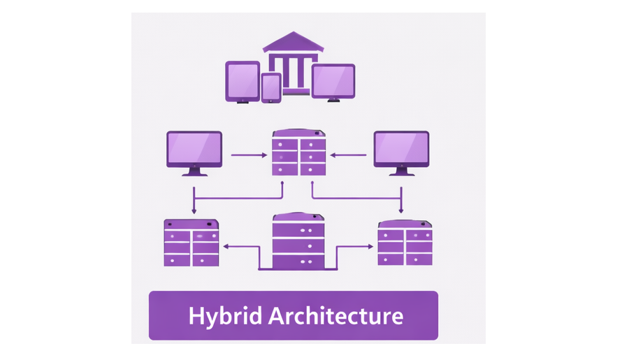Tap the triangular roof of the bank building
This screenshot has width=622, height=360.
coord(293,42)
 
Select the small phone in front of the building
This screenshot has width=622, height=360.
coord(271,87)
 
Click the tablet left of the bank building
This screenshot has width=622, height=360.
coord(243,80)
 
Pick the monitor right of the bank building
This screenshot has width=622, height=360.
coord(333,81)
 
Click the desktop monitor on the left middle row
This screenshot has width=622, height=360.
coord(194,149)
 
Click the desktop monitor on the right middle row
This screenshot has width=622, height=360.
coord(401,149)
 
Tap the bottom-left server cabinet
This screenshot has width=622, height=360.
coord(191,243)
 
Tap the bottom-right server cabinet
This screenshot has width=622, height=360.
coord(405,243)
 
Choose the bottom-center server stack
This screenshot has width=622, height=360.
coord(298,241)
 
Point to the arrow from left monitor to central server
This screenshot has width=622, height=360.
coord(248,155)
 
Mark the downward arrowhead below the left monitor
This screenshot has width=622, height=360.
coord(194,210)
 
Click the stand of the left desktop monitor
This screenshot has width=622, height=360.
coord(194,171)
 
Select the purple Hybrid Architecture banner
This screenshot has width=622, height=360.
coord(293,316)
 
